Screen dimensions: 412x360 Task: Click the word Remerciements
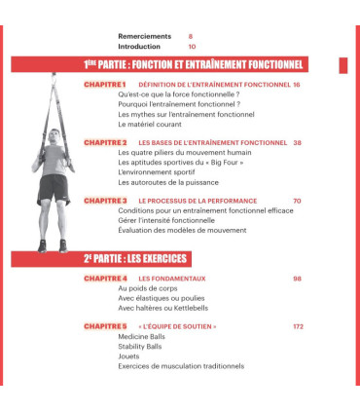pos(143,36)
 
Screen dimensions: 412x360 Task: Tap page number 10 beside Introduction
pos(192,46)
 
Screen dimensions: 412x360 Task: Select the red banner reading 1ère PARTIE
pos(195,65)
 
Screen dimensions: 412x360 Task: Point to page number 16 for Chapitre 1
pos(296,85)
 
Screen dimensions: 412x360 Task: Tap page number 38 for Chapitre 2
pos(296,142)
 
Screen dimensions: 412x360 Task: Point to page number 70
pos(296,201)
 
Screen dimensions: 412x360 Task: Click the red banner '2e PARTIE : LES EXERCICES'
pos(135,259)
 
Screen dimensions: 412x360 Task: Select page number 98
pos(296,279)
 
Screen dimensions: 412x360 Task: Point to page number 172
pos(294,326)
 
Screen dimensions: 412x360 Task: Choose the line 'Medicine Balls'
pos(142,337)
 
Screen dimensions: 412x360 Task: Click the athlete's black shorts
pos(54,186)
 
